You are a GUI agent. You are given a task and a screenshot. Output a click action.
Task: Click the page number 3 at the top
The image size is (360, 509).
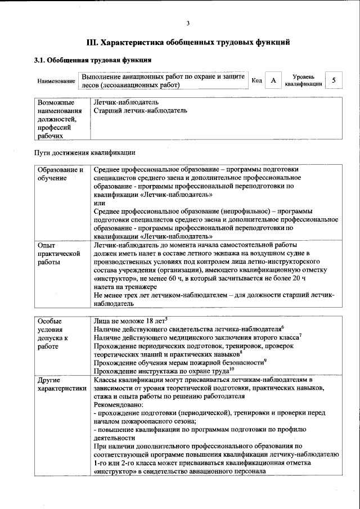(x=188, y=23)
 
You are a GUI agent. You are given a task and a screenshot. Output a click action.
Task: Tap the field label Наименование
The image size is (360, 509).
(x=56, y=82)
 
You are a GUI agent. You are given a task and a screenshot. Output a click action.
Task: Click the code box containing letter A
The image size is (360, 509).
(x=273, y=81)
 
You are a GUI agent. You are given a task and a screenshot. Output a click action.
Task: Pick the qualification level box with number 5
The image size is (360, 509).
(x=334, y=80)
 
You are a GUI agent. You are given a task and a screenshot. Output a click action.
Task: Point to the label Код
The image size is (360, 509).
(x=256, y=81)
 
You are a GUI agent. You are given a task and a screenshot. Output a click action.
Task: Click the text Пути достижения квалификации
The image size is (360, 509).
(x=85, y=152)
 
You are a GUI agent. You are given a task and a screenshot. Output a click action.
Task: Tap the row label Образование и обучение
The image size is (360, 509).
(x=60, y=174)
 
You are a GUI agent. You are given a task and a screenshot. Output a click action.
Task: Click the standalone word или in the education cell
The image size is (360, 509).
(x=99, y=203)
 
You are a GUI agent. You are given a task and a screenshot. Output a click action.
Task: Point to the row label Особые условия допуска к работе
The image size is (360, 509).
(x=53, y=334)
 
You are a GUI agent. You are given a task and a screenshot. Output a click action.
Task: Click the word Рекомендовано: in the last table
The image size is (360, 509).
(x=119, y=404)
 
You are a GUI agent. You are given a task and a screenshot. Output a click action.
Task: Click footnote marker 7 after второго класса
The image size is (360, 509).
(x=300, y=335)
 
